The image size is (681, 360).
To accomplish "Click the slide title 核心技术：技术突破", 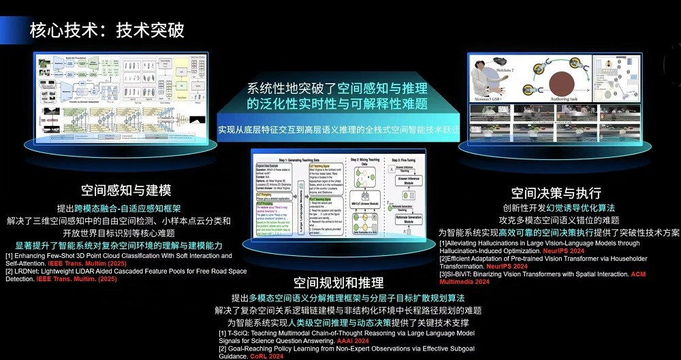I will (x=106, y=31).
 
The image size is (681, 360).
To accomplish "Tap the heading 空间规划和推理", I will (x=338, y=282).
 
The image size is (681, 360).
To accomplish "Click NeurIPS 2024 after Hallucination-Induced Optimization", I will (x=576, y=250).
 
